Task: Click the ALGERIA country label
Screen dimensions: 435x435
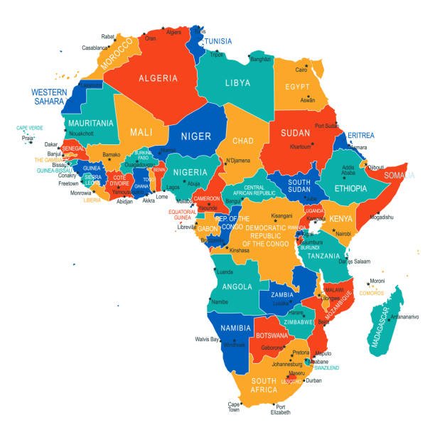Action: (x=158, y=78)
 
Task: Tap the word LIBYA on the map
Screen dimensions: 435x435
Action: (x=237, y=83)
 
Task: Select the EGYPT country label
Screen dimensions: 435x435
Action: (x=298, y=87)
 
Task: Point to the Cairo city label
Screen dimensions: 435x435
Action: (x=302, y=70)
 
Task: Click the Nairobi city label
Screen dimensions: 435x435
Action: (x=343, y=233)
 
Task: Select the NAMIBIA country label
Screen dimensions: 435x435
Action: (x=235, y=328)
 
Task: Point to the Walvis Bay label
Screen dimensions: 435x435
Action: (x=207, y=339)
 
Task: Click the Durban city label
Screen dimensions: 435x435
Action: (x=313, y=380)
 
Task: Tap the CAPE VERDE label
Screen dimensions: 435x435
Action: (x=30, y=128)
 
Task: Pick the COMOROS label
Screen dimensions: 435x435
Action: (x=372, y=293)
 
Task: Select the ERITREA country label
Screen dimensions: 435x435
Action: (x=360, y=136)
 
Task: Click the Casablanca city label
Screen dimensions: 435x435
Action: (x=95, y=48)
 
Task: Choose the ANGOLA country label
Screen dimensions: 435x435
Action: (x=236, y=286)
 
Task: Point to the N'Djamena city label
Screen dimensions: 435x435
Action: (x=240, y=161)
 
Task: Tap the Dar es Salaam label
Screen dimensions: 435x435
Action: (x=355, y=262)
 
